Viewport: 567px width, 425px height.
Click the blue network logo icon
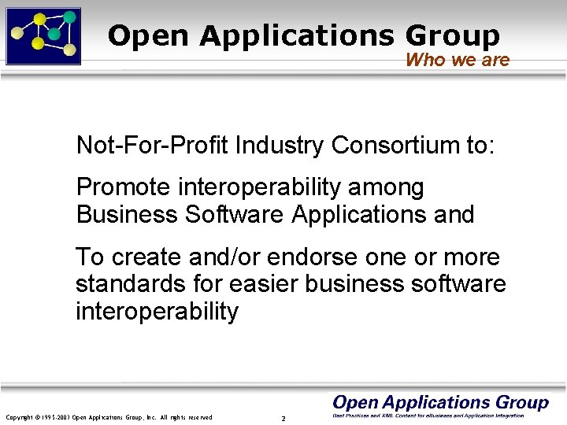click(x=43, y=35)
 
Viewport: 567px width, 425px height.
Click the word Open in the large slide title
click(x=149, y=35)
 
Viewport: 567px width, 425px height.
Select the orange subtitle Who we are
click(x=458, y=60)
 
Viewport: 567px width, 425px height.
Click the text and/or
click(x=226, y=257)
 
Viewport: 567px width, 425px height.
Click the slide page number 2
click(x=283, y=418)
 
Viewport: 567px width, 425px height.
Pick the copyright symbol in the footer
click(x=36, y=417)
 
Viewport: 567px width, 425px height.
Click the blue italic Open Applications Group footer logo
click(x=440, y=403)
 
